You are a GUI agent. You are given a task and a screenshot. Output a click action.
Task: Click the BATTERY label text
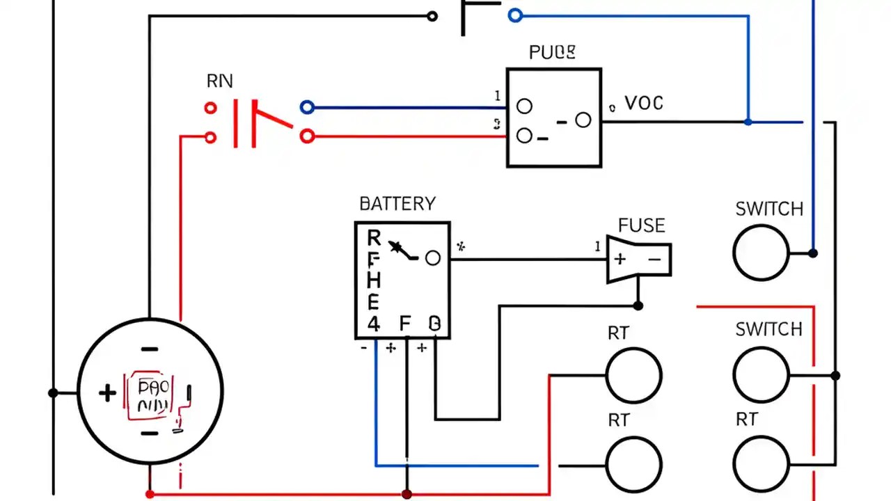coord(397,204)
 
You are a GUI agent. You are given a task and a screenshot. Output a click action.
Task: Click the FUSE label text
coord(641,225)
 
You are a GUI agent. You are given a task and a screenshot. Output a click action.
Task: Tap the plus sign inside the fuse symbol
coord(620,260)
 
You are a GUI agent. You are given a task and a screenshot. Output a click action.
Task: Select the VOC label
coord(644,104)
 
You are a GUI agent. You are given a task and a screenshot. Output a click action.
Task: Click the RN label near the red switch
coord(220,81)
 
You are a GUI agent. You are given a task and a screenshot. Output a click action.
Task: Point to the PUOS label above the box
coord(552,52)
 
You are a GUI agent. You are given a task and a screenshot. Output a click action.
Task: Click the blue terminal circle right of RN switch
coord(307,107)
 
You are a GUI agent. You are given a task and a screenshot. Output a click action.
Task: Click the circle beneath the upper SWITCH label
coord(761,253)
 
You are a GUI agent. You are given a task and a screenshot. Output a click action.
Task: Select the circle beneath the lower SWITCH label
coord(761,375)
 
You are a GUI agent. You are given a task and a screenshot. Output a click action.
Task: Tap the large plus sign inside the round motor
coord(107,394)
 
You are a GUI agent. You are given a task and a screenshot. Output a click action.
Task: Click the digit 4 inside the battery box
coord(374,324)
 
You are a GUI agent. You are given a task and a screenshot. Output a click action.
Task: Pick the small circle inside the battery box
coord(432,258)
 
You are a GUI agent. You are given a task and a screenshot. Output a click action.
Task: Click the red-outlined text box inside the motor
coord(150,397)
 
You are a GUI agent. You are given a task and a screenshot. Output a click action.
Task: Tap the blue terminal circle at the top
coord(514,15)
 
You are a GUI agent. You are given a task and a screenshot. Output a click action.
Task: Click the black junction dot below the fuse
coord(638,305)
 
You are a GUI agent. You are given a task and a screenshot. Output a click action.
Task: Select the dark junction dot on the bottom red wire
coord(407,494)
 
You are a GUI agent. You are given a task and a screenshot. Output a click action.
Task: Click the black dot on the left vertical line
coord(53,393)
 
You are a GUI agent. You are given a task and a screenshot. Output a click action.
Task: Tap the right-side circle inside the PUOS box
coord(583,120)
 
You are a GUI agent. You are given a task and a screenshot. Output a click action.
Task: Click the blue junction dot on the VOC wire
coord(748,122)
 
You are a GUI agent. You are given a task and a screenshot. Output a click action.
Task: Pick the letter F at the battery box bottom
coord(405,324)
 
